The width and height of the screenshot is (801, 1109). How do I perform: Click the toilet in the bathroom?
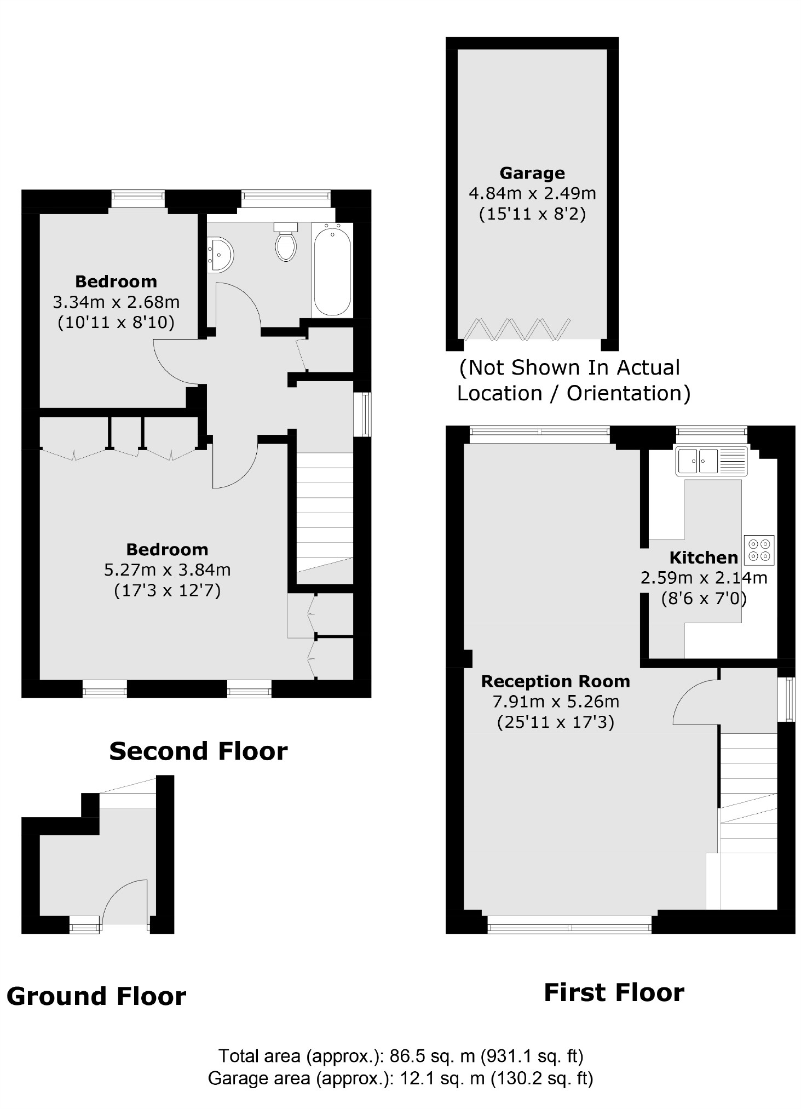(x=286, y=243)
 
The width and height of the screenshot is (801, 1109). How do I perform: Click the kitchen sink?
(x=711, y=461)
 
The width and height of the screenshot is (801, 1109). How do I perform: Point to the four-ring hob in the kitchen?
(x=759, y=550)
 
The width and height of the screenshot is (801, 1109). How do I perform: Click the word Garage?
(x=532, y=173)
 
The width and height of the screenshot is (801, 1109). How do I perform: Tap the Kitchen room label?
(x=704, y=558)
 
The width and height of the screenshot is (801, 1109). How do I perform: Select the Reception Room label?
(x=555, y=681)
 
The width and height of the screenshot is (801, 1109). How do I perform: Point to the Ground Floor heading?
(x=96, y=996)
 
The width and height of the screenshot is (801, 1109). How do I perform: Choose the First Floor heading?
(x=614, y=992)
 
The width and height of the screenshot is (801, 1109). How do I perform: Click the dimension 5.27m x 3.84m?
(x=167, y=570)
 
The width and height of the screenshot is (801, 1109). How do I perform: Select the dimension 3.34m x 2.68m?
(x=116, y=302)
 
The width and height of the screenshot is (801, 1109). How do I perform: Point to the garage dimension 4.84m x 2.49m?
(x=532, y=193)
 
